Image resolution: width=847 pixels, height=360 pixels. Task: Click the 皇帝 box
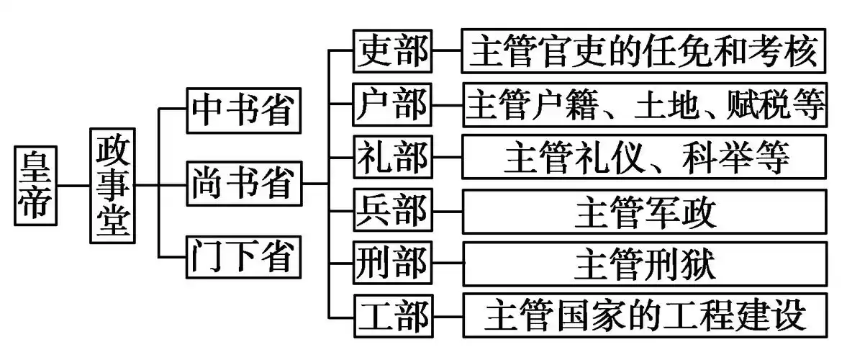pos(35,185)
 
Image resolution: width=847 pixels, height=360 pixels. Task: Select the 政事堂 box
pos(113,185)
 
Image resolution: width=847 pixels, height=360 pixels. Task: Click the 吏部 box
pos(392,51)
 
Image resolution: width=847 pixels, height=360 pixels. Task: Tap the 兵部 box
pos(392,210)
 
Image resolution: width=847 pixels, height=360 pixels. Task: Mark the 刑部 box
pos(392,264)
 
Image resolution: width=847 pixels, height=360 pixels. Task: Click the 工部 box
pos(392,316)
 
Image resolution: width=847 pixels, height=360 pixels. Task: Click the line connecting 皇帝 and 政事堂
pos(73,185)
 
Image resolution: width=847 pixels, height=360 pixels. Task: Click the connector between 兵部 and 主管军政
pos(446,210)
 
